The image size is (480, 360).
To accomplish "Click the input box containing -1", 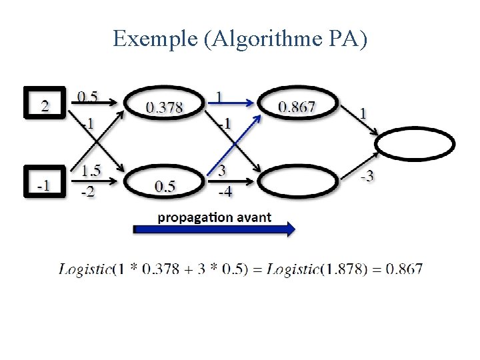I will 44,183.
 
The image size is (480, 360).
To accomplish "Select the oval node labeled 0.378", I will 164,105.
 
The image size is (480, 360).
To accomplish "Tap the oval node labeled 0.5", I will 164,185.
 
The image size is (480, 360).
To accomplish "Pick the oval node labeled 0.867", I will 297,105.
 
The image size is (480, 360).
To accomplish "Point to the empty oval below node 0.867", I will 297,182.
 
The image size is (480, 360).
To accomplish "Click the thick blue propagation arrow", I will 214,229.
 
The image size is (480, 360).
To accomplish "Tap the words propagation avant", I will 214,217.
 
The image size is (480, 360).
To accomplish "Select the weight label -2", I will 87,193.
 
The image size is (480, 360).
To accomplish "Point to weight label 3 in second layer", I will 221,171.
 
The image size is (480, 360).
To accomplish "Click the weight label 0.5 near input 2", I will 87,97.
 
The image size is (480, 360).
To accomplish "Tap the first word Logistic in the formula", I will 85,269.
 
